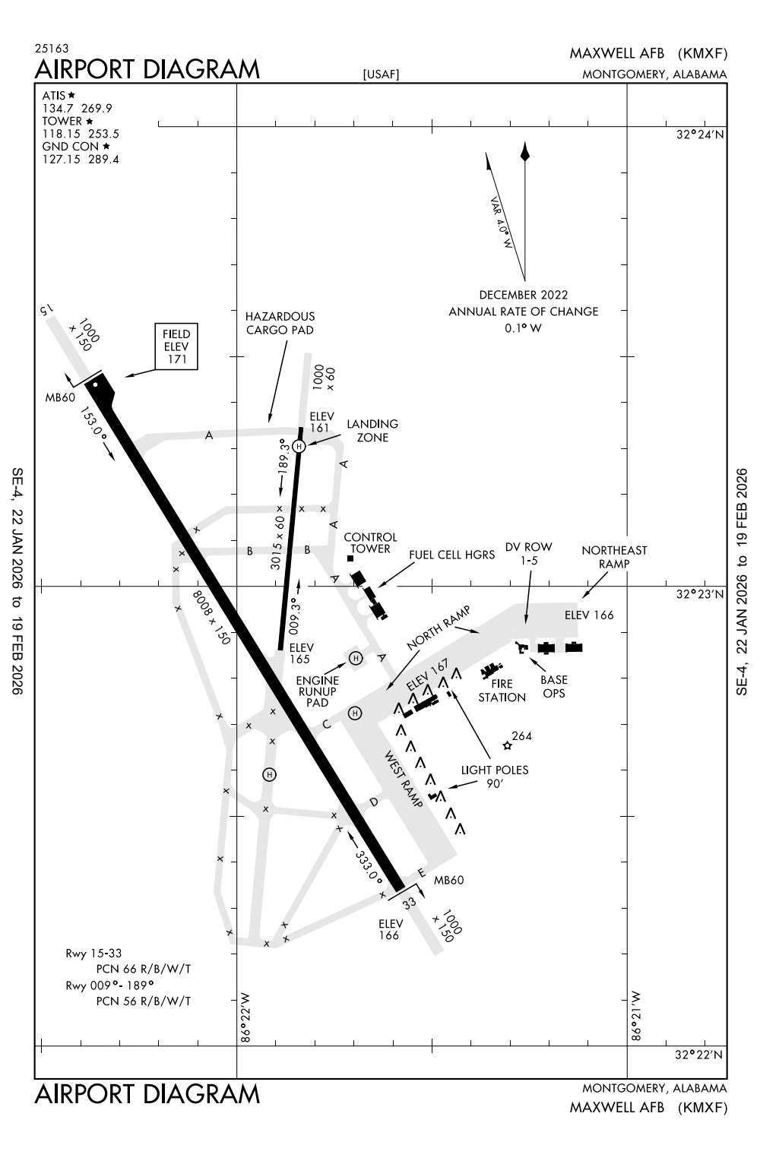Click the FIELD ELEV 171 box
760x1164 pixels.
click(x=176, y=347)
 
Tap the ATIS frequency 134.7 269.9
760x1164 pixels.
click(x=77, y=108)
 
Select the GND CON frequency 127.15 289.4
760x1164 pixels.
click(x=80, y=160)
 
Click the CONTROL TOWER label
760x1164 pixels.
click(x=370, y=543)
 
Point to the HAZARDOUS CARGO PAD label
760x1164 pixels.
click(x=280, y=323)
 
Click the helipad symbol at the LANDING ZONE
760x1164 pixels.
click(x=299, y=446)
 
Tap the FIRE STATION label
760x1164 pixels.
click(x=502, y=691)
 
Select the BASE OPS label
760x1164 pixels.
click(x=554, y=686)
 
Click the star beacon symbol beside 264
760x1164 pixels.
click(x=507, y=746)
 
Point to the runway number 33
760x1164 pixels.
click(x=410, y=903)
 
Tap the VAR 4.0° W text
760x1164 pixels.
click(x=502, y=223)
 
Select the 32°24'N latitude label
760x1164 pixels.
click(x=700, y=134)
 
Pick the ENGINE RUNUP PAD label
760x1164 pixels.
click(x=317, y=691)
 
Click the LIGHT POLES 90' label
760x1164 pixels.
click(x=494, y=776)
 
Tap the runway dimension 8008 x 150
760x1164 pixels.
click(x=211, y=617)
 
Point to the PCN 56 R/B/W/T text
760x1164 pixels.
click(x=144, y=1001)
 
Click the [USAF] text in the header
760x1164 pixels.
click(x=381, y=74)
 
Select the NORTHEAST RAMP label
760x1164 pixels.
click(x=614, y=556)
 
